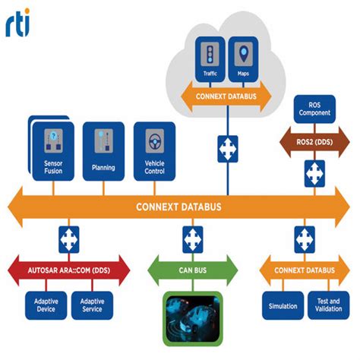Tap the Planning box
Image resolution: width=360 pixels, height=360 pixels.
pyautogui.click(x=103, y=151)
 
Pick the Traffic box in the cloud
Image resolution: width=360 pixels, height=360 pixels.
pyautogui.click(x=211, y=61)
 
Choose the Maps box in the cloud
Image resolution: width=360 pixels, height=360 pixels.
pyautogui.click(x=244, y=61)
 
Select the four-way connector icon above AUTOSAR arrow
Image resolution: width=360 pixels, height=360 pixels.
pyautogui.click(x=69, y=240)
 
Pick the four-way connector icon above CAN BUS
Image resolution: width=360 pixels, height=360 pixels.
pyautogui.click(x=192, y=240)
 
